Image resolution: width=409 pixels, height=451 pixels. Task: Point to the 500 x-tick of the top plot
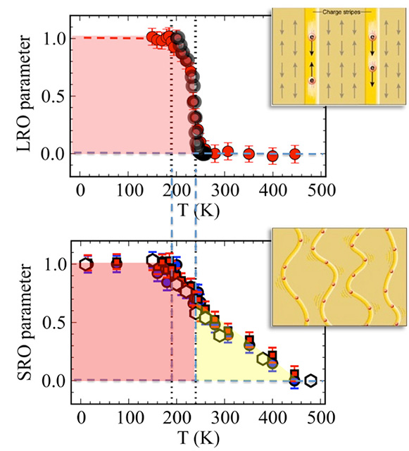point(322,190)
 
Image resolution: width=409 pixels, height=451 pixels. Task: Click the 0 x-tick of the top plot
point(81,190)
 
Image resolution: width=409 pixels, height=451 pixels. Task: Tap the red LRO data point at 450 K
point(296,154)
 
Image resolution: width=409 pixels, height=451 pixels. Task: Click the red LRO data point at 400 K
point(272,156)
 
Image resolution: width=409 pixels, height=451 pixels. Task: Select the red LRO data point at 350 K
point(248,153)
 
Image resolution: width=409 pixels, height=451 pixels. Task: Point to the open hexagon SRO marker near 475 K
point(310,381)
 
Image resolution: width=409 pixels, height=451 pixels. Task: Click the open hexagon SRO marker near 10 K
point(86,265)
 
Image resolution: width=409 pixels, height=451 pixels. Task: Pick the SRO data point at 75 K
point(117,265)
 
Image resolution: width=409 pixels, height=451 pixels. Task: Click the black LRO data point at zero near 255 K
point(203,153)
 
